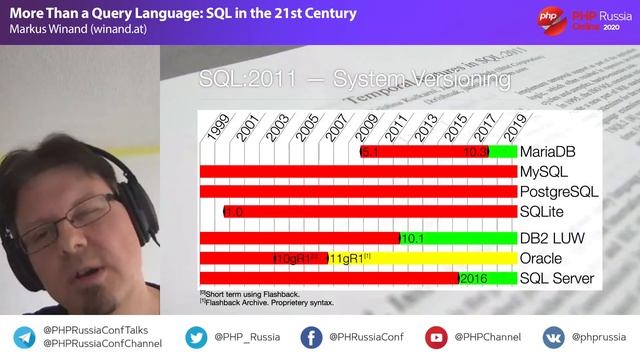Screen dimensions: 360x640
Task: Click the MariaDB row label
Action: tap(550, 152)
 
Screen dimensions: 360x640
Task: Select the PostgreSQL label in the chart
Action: tap(559, 191)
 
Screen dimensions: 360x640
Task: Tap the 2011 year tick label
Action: tap(394, 127)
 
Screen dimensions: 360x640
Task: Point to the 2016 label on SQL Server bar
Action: tap(474, 278)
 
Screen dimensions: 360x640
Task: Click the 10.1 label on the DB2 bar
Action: tap(414, 238)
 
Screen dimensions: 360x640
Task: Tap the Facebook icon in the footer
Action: tap(312, 336)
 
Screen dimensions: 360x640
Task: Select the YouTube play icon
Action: tap(436, 336)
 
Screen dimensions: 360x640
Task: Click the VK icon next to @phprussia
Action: tap(553, 336)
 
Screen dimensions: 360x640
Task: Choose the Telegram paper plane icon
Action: tap(22, 336)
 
